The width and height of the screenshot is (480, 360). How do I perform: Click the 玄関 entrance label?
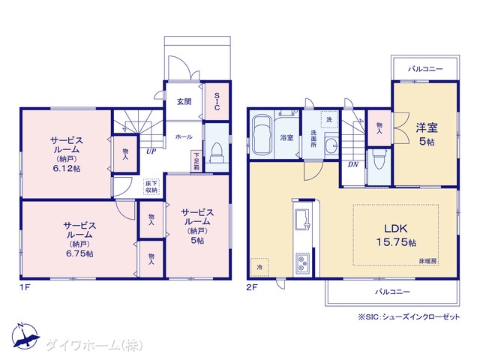pos(184,102)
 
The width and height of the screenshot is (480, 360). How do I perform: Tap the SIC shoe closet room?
pos(217,102)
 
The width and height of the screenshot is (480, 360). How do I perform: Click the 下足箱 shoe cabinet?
pos(196,161)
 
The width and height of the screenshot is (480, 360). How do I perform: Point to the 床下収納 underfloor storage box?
pos(151,187)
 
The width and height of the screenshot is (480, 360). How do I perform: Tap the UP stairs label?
pos(151,151)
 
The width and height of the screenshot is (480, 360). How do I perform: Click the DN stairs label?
pos(353,164)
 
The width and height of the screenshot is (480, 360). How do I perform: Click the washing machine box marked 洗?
pos(329,120)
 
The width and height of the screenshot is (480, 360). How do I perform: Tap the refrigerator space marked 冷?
pos(259,267)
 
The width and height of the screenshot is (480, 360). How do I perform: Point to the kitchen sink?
pos(303,219)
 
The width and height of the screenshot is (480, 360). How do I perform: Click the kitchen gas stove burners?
pos(302,264)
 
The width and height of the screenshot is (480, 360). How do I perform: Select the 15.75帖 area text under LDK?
pos(395,242)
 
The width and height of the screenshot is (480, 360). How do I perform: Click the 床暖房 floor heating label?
pos(428,261)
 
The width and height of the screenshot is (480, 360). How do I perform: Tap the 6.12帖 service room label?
pos(67,169)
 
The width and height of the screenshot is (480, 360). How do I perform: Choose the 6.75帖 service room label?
pos(80,253)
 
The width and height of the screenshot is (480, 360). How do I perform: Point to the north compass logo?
pos(25,336)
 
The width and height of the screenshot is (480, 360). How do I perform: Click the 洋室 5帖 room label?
pos(427,134)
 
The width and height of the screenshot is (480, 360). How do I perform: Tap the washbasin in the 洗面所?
pos(331,143)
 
